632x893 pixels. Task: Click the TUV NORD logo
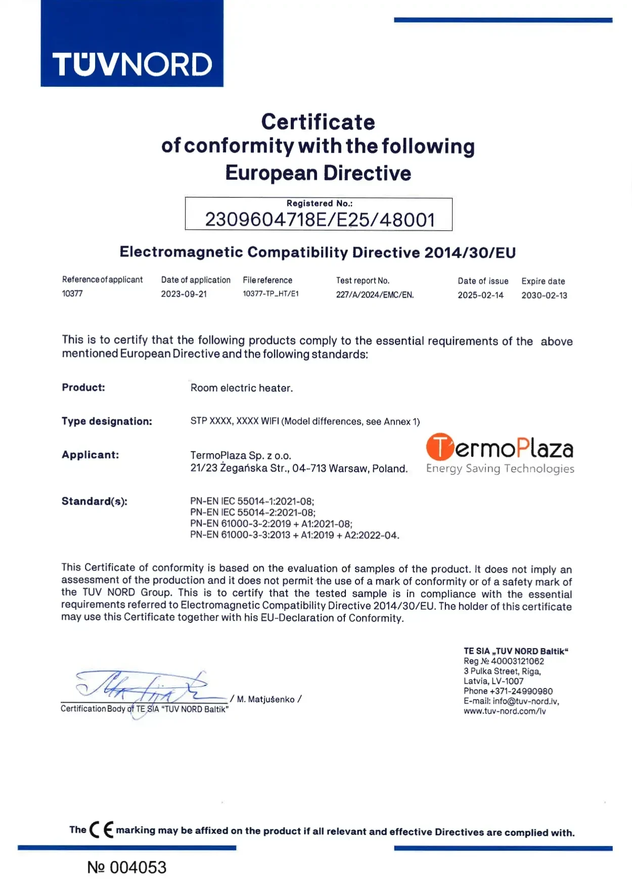point(132,64)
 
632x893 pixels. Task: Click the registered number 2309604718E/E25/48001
point(320,220)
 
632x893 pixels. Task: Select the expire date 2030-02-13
point(544,295)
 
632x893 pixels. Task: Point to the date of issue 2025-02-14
point(480,295)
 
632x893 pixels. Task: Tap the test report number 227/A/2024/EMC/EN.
point(375,295)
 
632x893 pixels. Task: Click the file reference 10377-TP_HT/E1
point(270,294)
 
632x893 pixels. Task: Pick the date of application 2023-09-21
point(184,294)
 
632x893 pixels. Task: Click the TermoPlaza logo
point(500,454)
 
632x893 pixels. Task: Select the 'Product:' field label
point(83,387)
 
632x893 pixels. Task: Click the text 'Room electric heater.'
point(241,388)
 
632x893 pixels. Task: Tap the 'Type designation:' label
point(107,421)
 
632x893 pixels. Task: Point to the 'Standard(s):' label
point(94,501)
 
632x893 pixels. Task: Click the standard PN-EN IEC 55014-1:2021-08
point(252,502)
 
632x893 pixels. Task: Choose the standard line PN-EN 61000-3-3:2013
point(294,535)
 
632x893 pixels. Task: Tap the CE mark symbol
point(101,830)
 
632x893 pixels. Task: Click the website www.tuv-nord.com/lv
point(505,711)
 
